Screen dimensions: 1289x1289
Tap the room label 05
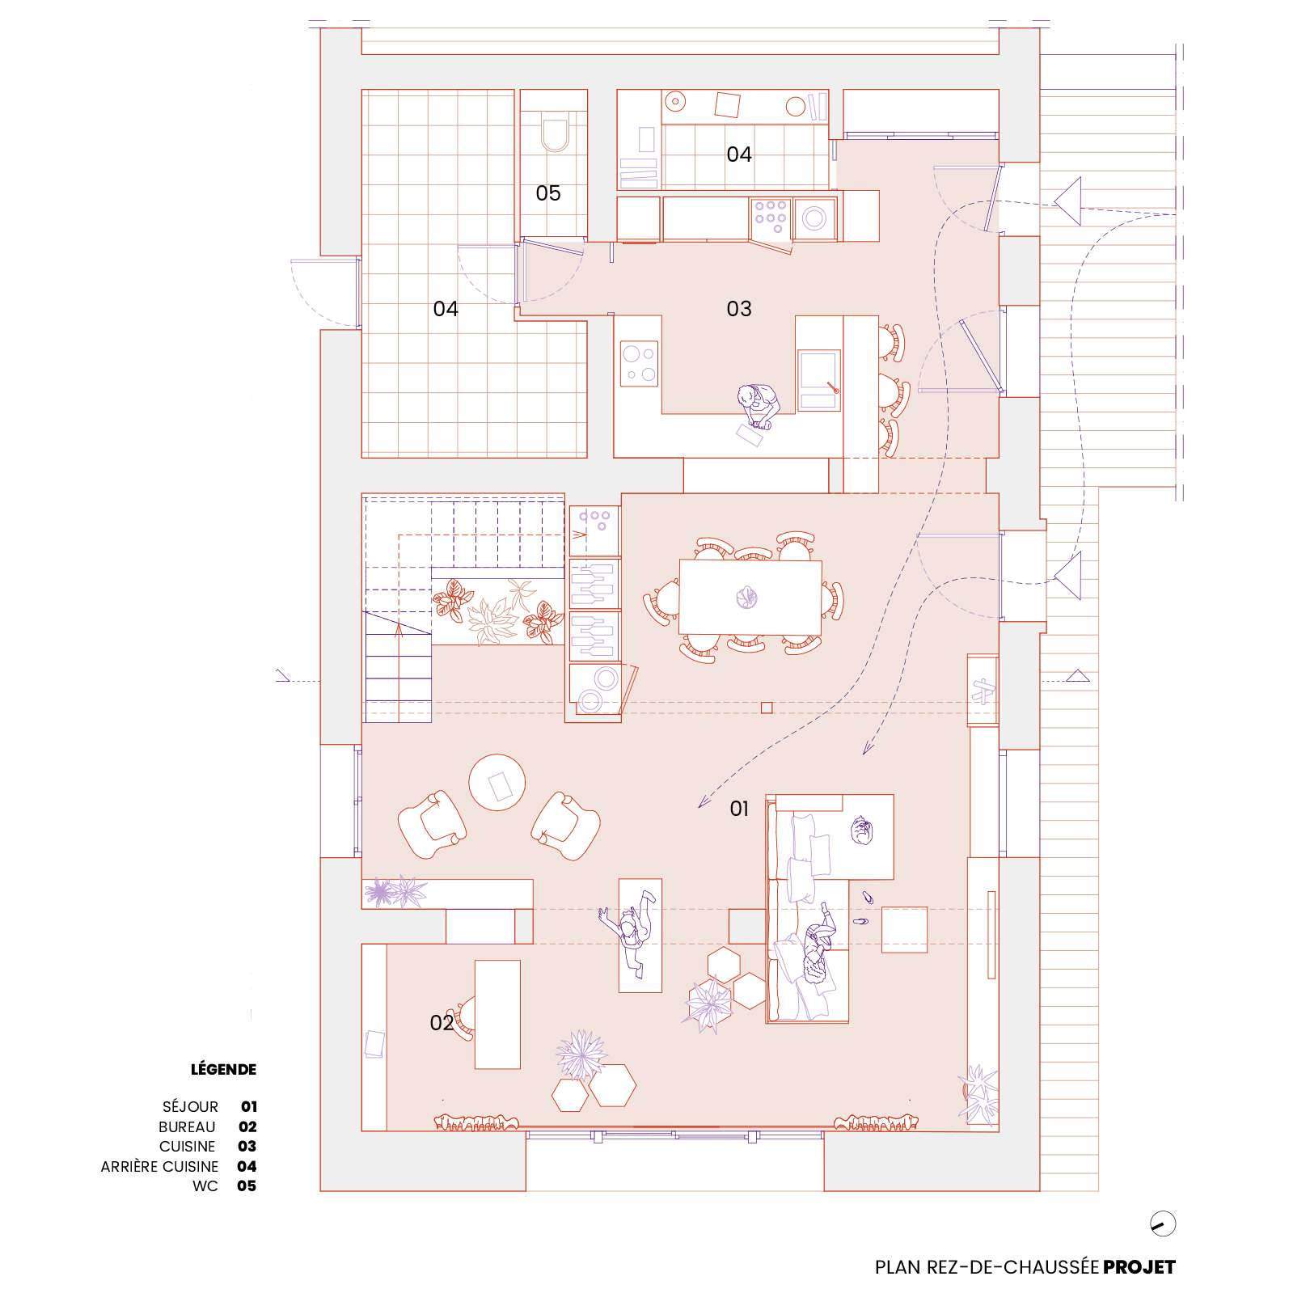pyautogui.click(x=548, y=193)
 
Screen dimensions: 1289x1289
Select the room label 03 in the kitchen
pyautogui.click(x=739, y=308)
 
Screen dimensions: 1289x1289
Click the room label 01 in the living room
pyautogui.click(x=739, y=808)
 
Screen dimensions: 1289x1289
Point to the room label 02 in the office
pyautogui.click(x=442, y=1023)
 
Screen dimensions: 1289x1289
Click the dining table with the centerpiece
pyautogui.click(x=750, y=597)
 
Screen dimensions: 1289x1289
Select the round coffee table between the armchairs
pyautogui.click(x=497, y=783)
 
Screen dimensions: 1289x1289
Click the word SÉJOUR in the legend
pyautogui.click(x=190, y=1107)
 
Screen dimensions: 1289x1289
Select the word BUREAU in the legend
pyautogui.click(x=188, y=1126)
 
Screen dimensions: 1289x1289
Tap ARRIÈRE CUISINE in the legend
pyautogui.click(x=159, y=1166)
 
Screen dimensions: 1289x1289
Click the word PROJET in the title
pyautogui.click(x=1139, y=1266)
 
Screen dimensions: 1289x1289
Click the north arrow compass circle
pyautogui.click(x=1163, y=1223)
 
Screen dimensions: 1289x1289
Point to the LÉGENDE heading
pyautogui.click(x=223, y=1069)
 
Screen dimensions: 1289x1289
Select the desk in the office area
pyautogui.click(x=497, y=1014)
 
